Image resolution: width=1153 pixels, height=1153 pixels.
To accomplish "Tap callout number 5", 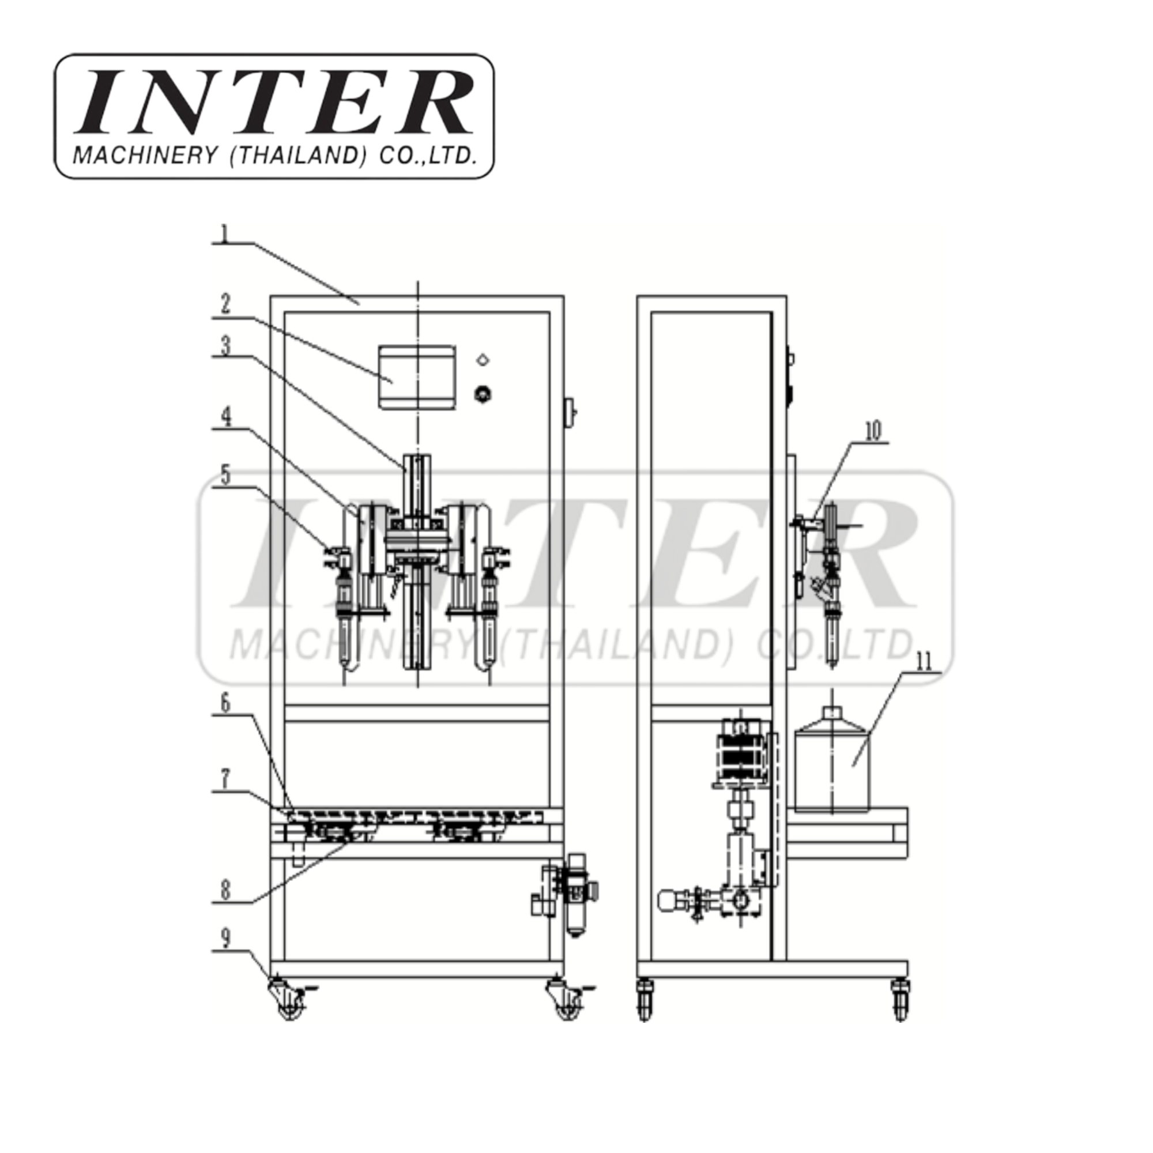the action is [225, 475].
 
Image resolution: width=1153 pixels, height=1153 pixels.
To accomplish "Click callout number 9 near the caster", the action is [225, 955].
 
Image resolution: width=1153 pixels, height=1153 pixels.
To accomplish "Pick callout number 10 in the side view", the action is [872, 431].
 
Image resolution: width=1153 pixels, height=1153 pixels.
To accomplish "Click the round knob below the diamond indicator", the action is [483, 394].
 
